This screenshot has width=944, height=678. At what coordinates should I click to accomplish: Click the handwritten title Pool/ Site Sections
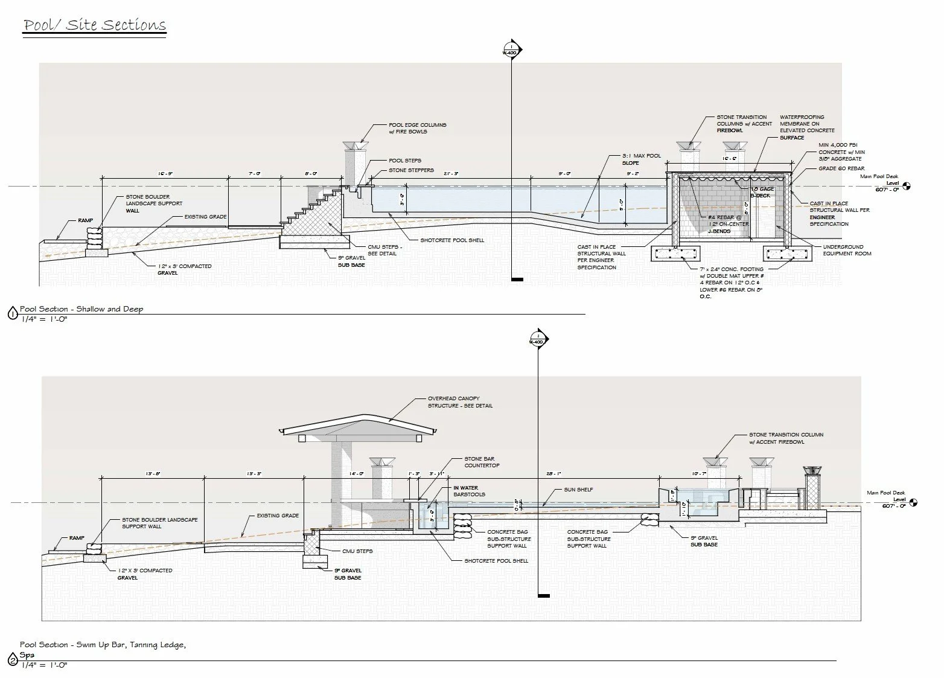click(94, 25)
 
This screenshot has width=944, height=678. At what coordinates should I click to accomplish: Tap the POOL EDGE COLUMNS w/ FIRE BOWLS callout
click(417, 128)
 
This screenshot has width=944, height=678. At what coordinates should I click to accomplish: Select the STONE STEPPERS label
click(411, 170)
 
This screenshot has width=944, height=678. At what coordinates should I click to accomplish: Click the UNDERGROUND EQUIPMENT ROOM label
click(843, 250)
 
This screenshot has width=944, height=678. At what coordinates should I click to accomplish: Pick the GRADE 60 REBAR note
click(841, 168)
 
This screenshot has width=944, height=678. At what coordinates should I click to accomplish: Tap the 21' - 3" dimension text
click(450, 174)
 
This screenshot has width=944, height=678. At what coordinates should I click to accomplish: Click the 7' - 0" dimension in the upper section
click(255, 174)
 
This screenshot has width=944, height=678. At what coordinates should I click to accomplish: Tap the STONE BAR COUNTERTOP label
click(482, 462)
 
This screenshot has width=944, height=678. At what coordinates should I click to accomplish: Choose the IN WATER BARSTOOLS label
click(469, 491)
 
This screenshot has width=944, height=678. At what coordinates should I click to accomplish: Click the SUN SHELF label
click(578, 490)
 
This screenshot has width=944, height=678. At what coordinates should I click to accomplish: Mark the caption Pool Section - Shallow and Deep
click(81, 309)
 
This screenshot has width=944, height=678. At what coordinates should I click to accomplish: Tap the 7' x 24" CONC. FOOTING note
click(731, 283)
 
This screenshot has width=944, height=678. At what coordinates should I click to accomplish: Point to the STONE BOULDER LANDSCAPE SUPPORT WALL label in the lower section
click(159, 523)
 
